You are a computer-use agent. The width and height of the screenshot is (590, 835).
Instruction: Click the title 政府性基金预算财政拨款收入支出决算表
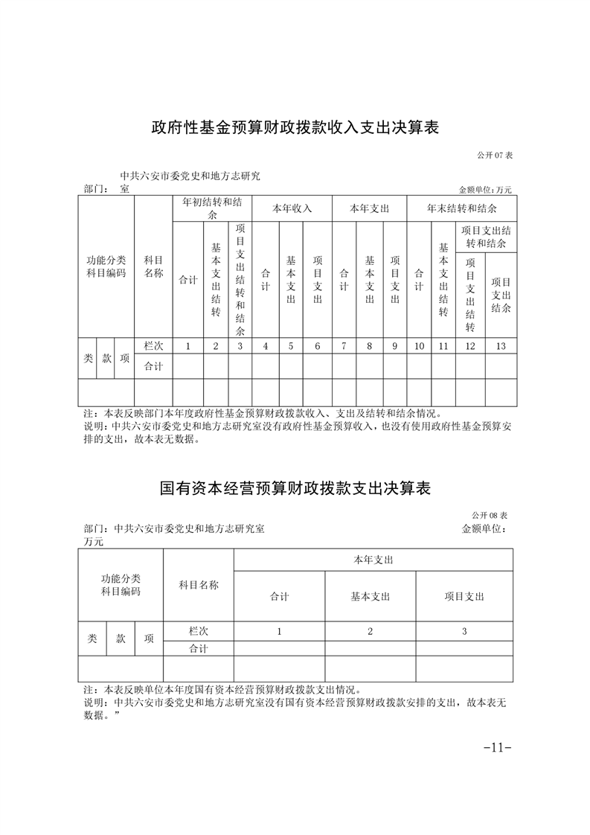click(x=295, y=127)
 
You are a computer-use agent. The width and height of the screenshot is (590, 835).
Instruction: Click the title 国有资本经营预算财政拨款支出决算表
click(x=295, y=488)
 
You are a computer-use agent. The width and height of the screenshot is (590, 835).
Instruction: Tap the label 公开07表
click(x=496, y=155)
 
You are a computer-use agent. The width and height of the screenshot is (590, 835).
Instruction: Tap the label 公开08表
click(x=489, y=515)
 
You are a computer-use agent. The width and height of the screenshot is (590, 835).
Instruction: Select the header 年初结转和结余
click(x=212, y=208)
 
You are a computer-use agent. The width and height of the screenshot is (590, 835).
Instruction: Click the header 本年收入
click(x=292, y=208)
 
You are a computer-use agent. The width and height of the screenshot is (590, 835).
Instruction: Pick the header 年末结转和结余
click(x=462, y=208)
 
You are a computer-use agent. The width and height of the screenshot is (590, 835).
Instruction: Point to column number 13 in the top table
click(x=500, y=346)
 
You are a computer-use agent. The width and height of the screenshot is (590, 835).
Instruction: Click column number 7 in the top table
click(x=344, y=346)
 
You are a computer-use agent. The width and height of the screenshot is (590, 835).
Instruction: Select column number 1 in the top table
click(x=187, y=346)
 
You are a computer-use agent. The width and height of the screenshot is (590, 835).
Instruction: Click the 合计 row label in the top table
click(x=153, y=365)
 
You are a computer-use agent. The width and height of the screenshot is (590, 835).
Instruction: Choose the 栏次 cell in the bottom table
click(x=198, y=630)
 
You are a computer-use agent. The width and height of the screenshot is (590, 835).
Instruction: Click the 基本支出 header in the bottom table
click(x=370, y=596)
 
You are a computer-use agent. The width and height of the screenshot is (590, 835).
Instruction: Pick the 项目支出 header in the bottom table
click(x=464, y=596)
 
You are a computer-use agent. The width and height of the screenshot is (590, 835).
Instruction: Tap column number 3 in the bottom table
click(x=464, y=631)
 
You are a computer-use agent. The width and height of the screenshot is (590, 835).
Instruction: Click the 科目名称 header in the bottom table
click(x=199, y=585)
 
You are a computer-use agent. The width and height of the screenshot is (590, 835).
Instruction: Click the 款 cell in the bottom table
click(x=121, y=639)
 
